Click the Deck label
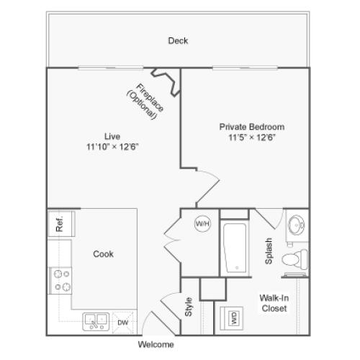point(178,41)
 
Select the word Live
point(111,135)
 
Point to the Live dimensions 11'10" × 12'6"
point(111,146)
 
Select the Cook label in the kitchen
point(103,253)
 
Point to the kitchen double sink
point(96,320)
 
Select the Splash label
point(268,251)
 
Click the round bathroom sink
point(296,225)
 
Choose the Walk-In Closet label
point(274,302)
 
